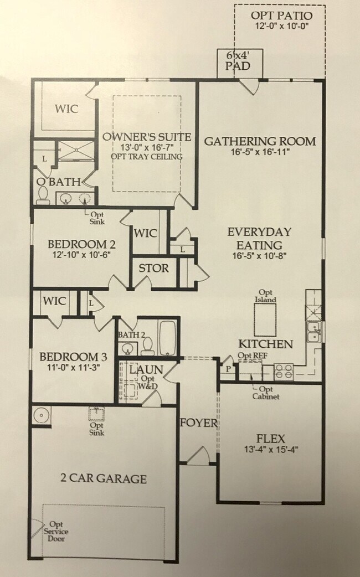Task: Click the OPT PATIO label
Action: pyautogui.click(x=281, y=16)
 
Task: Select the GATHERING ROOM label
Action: pyautogui.click(x=260, y=141)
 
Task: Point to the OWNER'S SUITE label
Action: pyautogui.click(x=147, y=137)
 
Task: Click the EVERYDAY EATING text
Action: pyautogui.click(x=259, y=239)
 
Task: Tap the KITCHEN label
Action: pyautogui.click(x=265, y=344)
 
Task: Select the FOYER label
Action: pyautogui.click(x=198, y=423)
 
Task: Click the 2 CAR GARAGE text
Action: pyautogui.click(x=103, y=478)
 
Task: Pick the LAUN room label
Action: pyautogui.click(x=146, y=369)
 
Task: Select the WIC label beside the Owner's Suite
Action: pyautogui.click(x=66, y=109)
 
